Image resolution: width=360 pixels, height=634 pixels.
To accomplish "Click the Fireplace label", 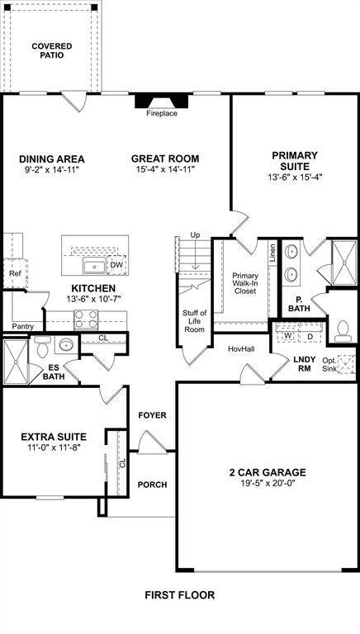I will coord(162,113).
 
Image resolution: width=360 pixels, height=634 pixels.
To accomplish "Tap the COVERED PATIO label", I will coord(52,50).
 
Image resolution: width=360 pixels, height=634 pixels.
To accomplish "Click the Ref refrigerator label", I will coord(15,273).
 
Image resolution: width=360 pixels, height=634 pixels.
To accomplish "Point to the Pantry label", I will coord(23,326).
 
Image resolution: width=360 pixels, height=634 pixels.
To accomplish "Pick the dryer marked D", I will coord(310,336).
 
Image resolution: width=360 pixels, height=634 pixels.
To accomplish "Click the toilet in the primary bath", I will coord(343,330).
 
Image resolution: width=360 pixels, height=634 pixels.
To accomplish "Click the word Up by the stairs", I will coord(196,235).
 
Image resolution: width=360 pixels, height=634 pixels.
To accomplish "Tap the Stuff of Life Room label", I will coord(194,320).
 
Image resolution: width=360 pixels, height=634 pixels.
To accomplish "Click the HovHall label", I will coord(240,349).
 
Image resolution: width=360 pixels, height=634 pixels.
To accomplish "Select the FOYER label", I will coord(152,414).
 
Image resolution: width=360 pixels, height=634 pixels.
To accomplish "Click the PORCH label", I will coord(152,485).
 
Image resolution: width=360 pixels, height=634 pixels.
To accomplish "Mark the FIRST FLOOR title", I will coord(180,594).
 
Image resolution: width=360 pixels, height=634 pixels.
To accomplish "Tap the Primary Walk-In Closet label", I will coord(245,282).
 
